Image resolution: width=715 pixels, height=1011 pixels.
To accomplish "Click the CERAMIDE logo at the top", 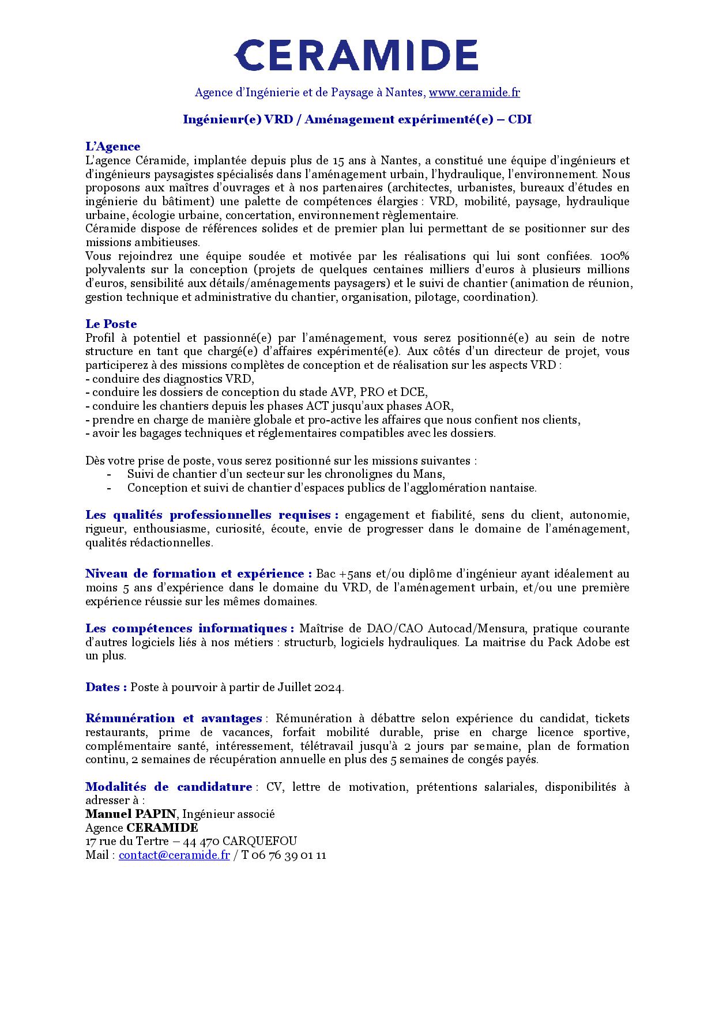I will click(356, 55).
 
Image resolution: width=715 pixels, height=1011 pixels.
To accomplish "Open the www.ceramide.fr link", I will click(474, 92).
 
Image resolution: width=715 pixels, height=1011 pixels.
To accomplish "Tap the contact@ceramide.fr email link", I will click(174, 855).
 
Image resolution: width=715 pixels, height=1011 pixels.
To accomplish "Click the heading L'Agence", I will click(113, 146).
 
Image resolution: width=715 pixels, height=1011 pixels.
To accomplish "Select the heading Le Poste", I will click(111, 324).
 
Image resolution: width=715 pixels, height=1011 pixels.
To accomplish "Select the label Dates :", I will click(106, 687).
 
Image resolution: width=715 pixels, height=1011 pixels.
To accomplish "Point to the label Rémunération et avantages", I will click(174, 718).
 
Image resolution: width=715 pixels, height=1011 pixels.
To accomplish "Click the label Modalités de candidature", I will click(169, 787).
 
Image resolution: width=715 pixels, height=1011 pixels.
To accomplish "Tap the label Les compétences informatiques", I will click(190, 628).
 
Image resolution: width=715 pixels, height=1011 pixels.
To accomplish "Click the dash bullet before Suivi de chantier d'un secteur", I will click(109, 474).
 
